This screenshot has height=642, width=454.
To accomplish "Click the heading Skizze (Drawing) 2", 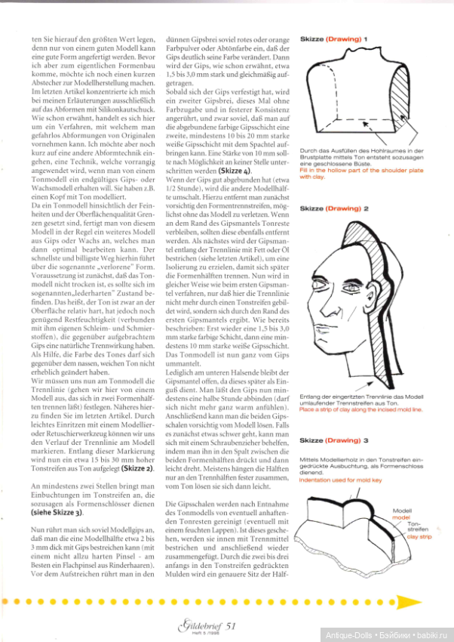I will pos(333,208).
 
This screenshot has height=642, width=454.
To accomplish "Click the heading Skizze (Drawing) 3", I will pos(333,439).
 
